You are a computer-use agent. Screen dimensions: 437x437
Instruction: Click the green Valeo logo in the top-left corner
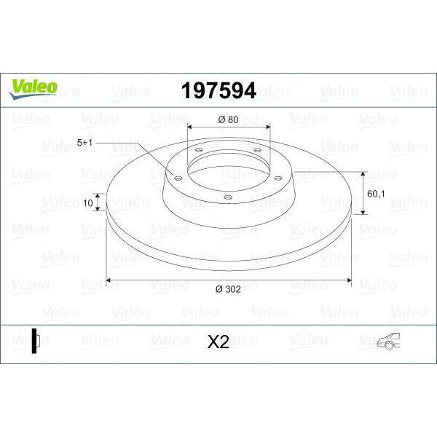tap(32, 86)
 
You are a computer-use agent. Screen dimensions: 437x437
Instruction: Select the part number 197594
tap(218, 90)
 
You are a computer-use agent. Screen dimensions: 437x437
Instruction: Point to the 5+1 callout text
tap(86, 144)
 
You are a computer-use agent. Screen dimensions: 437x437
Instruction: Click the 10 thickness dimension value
tap(89, 204)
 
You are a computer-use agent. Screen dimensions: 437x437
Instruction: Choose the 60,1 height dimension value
tap(377, 194)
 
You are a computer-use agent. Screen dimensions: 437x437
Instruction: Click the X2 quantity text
tap(218, 342)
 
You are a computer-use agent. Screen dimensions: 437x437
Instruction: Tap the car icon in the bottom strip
tap(391, 341)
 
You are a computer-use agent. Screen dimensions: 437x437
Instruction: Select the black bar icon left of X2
tap(34, 342)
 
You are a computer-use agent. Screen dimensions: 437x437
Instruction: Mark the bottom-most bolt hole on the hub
tap(227, 197)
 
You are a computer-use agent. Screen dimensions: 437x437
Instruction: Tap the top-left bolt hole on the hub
tap(198, 150)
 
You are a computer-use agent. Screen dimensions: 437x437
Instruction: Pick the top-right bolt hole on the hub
tap(256, 150)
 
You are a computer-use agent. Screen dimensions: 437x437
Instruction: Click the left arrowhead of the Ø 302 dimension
tap(109, 280)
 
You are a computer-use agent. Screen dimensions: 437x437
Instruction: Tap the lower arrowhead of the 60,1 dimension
tap(363, 214)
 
